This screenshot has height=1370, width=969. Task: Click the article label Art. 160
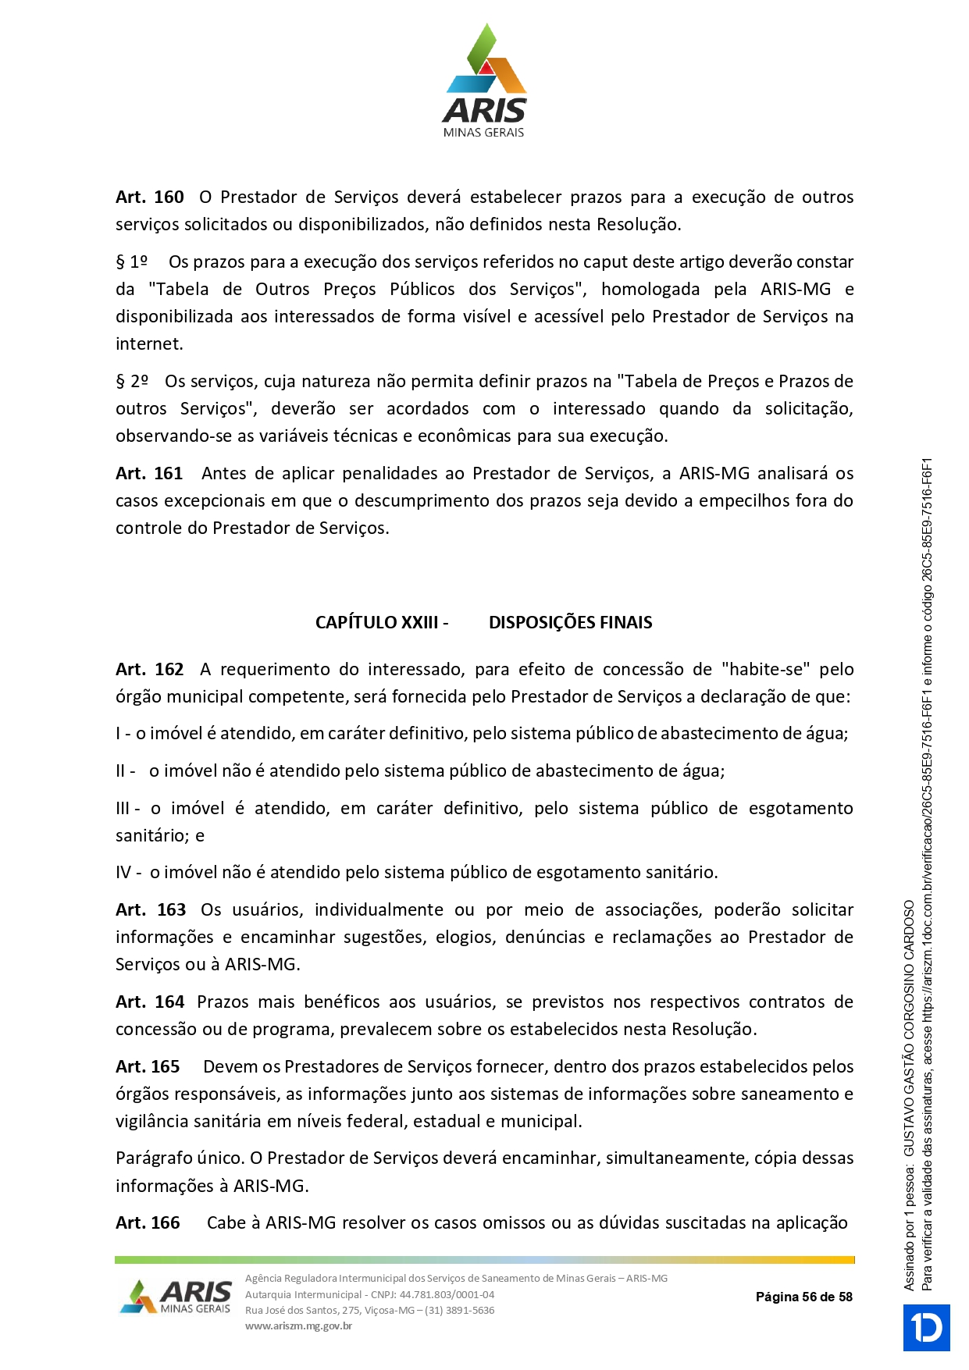(150, 197)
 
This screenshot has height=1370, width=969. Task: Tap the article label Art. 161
(149, 473)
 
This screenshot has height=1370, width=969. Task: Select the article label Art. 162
(150, 669)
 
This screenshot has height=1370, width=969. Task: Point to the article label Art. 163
(151, 909)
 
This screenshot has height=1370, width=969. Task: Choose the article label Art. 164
(150, 1002)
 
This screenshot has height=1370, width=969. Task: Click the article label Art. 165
(148, 1066)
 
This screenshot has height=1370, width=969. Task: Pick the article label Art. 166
(148, 1222)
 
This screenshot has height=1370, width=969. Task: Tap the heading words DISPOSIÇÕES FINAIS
(570, 622)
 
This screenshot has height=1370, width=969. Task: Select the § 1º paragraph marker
(132, 262)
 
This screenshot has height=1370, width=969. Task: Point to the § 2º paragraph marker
(132, 381)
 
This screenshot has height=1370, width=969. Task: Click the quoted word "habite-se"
(765, 669)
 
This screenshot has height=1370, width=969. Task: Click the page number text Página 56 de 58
(803, 1297)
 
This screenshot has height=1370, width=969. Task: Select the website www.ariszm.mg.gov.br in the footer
(298, 1326)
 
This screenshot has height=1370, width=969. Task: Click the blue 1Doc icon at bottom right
(927, 1327)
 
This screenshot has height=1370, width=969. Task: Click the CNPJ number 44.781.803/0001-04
(447, 1294)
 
